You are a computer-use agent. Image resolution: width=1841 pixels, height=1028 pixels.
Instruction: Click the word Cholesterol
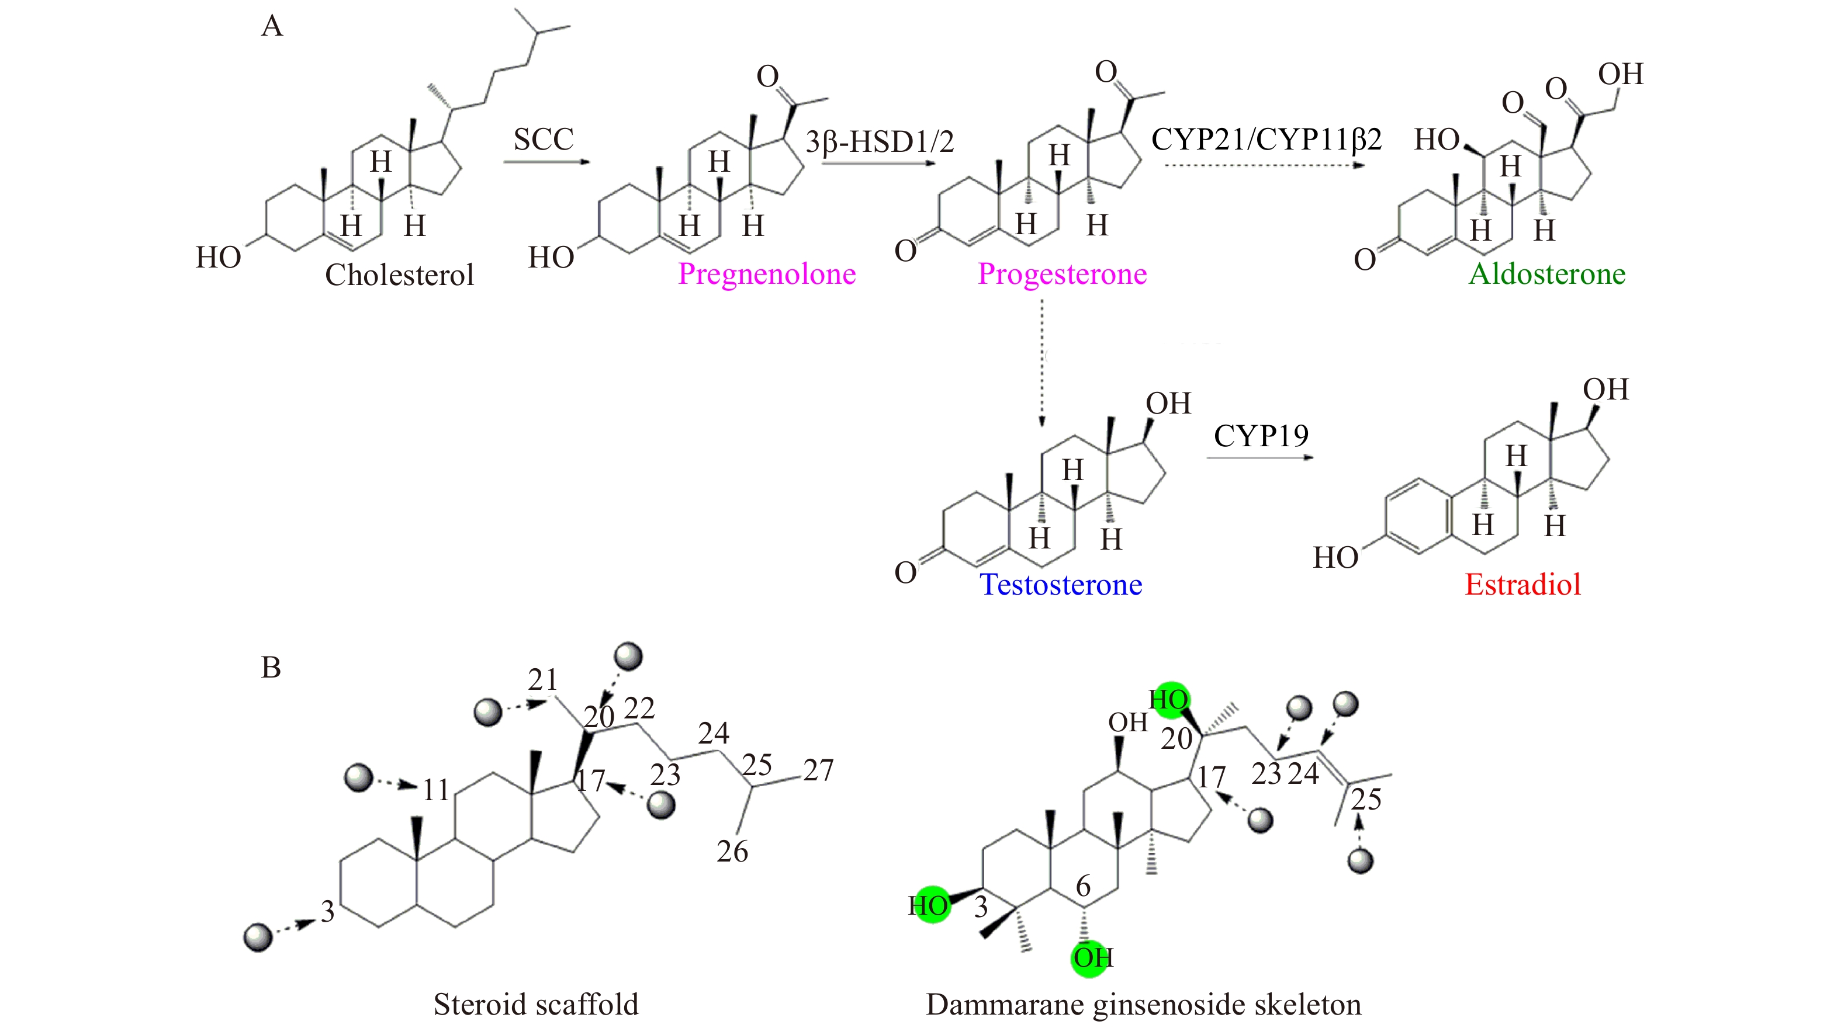coord(400,275)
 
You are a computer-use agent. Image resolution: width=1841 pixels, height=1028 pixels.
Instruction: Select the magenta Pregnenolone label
coord(767,275)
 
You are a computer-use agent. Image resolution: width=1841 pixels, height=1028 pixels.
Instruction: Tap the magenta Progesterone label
coord(1062,275)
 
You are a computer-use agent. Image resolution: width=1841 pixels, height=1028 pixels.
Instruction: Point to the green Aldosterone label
coord(1546,275)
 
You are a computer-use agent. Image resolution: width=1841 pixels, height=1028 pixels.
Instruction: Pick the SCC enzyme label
coord(543,139)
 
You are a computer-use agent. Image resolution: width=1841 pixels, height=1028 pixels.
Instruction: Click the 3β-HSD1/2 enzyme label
coord(879,142)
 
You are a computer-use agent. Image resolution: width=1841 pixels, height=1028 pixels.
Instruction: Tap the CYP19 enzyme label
coord(1261,436)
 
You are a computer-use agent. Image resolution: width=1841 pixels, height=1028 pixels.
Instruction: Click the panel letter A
coord(272,26)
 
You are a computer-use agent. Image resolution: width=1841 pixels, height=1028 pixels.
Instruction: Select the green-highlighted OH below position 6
coord(1091,958)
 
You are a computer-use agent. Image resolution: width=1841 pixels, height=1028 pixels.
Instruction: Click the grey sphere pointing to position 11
coord(359,778)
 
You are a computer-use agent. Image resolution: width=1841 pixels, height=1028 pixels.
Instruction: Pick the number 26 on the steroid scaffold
coord(732,852)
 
